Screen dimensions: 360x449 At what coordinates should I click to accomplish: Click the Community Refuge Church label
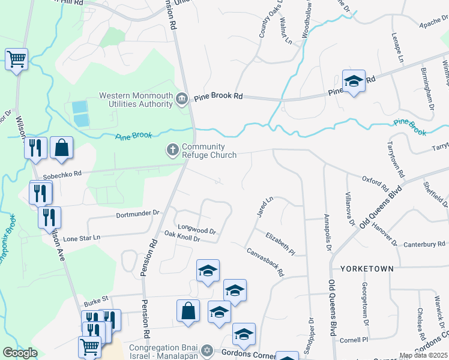pos(209,151)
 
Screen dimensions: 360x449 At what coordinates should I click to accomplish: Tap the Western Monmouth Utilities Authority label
pos(136,100)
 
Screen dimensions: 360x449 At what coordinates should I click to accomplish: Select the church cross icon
pos(173,149)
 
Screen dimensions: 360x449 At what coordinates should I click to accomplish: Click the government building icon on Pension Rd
pos(181,99)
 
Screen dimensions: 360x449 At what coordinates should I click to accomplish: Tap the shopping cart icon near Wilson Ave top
pos(17,59)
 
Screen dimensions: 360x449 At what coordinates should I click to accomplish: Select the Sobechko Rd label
pos(62,175)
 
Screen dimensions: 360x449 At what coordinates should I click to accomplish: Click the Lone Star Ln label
pos(82,238)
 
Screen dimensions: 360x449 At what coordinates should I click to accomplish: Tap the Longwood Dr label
pos(197,230)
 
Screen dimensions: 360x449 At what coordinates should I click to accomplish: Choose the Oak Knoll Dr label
pos(181,237)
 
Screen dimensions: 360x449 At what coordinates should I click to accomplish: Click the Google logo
pos(20,353)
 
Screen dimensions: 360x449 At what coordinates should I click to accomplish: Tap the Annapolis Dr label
pos(327,231)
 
